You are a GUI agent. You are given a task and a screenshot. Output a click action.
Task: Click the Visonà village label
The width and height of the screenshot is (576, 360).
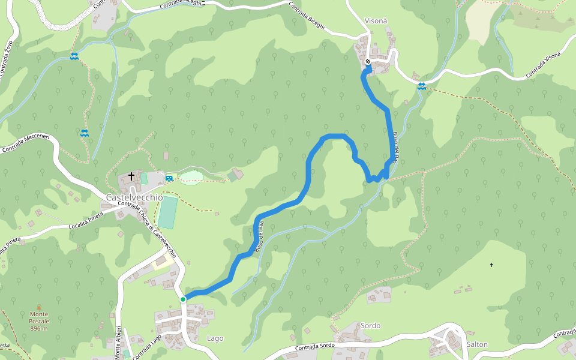pos(376,21)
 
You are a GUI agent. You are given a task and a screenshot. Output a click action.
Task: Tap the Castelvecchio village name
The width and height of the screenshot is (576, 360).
pos(134,197)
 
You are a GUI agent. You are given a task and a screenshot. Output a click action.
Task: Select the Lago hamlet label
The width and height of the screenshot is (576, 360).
pos(215,338)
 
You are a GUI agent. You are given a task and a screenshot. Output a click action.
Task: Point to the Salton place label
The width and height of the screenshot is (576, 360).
pos(477,344)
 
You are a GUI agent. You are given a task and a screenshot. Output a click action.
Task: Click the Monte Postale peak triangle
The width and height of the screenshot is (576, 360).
pos(40,307)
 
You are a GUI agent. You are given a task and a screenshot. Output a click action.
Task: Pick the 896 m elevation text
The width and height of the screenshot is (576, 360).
pos(40,329)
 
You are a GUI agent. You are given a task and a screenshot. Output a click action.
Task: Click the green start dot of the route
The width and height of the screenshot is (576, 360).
pos(183,299)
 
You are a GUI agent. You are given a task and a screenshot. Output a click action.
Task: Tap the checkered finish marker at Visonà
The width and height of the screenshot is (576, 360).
pos(368,61)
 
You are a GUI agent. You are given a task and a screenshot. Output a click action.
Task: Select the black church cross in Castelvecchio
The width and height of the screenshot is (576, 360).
pos(131,176)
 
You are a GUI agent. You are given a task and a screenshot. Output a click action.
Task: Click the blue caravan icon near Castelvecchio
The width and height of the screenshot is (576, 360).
pos(169,178)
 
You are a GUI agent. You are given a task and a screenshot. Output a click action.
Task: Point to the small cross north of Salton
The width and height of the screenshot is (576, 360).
pos(492,265)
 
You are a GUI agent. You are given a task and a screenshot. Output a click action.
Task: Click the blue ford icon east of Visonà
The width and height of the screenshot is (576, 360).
pos(422,86)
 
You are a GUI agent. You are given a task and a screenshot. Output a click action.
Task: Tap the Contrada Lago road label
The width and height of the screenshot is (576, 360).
pos(147,347)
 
